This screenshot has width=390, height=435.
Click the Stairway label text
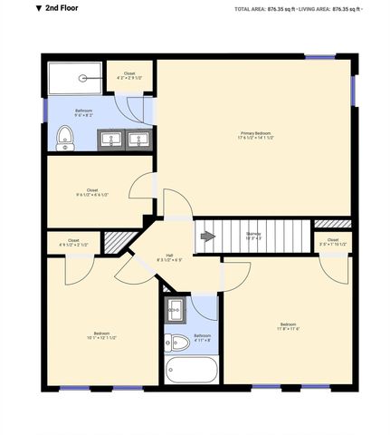tap(253, 235)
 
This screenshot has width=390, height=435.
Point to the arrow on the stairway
tap(207, 237)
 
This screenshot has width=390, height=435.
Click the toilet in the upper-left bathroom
tap(64, 137)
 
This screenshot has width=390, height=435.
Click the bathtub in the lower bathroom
tap(192, 370)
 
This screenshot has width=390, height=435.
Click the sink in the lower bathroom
tap(176, 309)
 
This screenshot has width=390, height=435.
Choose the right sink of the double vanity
tap(139, 140)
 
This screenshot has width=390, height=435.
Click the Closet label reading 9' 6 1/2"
tap(92, 192)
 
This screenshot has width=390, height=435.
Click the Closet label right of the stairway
tap(333, 242)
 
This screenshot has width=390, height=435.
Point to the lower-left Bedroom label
tap(103, 335)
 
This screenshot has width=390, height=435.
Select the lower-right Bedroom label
tap(288, 326)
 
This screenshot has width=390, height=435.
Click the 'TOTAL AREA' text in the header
tap(255, 8)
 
